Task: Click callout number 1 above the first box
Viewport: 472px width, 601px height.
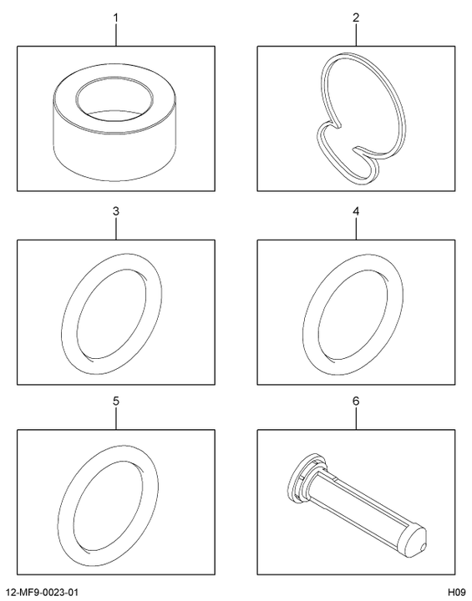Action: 116,18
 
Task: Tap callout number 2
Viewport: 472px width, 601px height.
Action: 356,18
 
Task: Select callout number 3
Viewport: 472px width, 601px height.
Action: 116,211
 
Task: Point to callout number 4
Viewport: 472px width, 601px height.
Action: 356,211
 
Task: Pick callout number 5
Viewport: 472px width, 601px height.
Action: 116,402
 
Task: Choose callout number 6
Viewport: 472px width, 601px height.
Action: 356,402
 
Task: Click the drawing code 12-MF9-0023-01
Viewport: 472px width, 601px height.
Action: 43,592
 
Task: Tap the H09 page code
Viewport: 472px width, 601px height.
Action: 456,592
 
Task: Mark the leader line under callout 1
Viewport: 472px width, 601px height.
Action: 116,35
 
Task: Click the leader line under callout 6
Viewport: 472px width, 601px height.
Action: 356,418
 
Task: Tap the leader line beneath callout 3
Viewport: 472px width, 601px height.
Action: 116,229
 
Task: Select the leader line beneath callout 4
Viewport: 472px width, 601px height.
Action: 356,229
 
